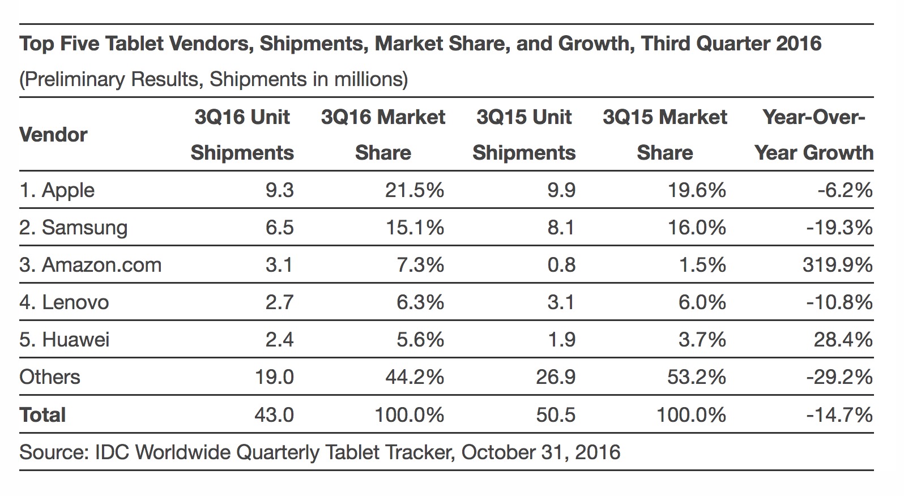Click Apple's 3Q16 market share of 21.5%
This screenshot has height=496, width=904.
tap(414, 190)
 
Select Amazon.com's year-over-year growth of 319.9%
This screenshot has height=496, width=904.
tap(837, 265)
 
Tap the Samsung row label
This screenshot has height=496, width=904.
tap(73, 228)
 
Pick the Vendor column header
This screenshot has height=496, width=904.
tap(53, 135)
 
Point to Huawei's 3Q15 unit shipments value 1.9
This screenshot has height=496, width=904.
tap(561, 340)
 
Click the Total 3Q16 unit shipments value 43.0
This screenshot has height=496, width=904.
tap(274, 415)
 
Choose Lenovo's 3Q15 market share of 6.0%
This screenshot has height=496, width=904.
tap(702, 302)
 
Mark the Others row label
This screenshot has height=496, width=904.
tap(50, 377)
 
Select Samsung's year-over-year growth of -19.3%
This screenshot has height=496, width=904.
tap(839, 228)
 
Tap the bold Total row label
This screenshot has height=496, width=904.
tap(42, 415)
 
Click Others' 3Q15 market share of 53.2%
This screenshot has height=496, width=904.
tap(696, 377)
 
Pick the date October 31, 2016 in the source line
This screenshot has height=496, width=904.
tap(541, 452)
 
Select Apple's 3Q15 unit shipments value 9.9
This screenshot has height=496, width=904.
tap(561, 190)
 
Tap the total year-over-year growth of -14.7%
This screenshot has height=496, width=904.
tap(839, 415)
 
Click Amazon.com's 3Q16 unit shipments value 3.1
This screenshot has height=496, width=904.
tap(279, 265)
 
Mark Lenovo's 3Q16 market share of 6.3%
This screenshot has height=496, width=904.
tap(420, 302)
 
